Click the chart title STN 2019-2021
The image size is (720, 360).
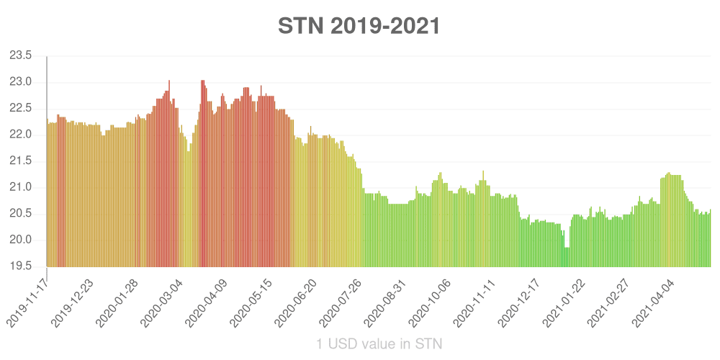coord(359,26)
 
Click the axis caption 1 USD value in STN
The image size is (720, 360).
coord(379,344)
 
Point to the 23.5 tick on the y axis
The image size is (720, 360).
coord(21,55)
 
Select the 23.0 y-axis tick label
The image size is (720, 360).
coord(21,82)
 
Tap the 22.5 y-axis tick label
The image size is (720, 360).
coord(21,108)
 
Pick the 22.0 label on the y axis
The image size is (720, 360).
coord(21,135)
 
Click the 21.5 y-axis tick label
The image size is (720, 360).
coord(21,161)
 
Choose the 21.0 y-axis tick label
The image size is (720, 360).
coord(21,187)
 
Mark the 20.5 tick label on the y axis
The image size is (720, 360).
coord(21,214)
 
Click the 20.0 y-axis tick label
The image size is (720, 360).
coord(21,240)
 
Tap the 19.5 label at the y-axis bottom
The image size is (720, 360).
coord(21,266)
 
